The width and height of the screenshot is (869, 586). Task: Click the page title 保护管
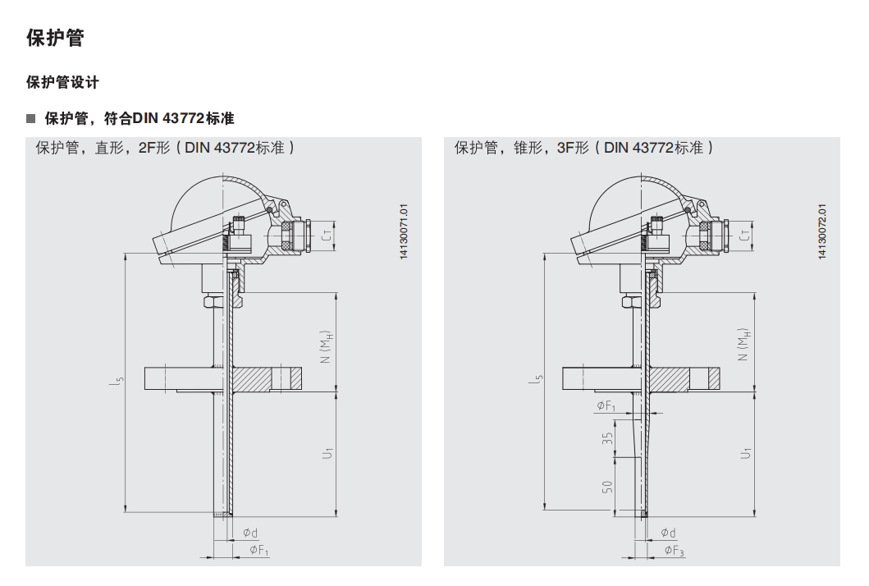(55, 38)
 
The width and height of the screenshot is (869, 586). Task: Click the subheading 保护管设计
(62, 83)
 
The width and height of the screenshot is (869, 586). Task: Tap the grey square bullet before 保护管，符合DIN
(31, 119)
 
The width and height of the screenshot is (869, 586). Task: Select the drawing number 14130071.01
(404, 231)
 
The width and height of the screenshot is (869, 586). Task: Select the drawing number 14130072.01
(822, 231)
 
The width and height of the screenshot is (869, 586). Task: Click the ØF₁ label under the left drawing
(258, 550)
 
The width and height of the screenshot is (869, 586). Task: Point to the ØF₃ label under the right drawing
(675, 551)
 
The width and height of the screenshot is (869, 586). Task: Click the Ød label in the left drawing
(250, 533)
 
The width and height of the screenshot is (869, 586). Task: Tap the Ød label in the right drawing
(669, 533)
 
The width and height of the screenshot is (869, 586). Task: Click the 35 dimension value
(607, 438)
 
